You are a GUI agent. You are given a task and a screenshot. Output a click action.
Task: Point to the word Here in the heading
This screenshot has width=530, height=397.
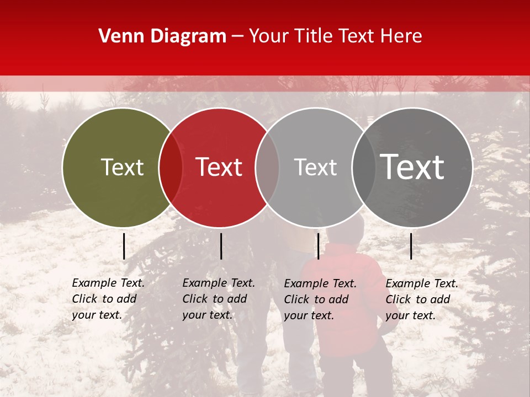click(402, 36)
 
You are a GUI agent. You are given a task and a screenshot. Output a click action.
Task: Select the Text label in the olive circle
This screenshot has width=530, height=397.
click(122, 167)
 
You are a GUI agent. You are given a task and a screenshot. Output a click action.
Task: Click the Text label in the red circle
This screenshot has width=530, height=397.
click(219, 167)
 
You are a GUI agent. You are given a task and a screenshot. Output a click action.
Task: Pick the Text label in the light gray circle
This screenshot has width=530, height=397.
click(315, 167)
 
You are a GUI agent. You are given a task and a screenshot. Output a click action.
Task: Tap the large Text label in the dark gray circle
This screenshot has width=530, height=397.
click(412, 167)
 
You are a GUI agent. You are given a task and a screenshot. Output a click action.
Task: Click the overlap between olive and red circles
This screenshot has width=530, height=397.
click(171, 168)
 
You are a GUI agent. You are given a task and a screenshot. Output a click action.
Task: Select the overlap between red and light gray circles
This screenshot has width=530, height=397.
click(267, 168)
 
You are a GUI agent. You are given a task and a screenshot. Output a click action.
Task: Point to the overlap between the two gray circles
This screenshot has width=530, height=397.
click(363, 168)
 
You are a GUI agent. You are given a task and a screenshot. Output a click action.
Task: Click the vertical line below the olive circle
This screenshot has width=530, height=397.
click(124, 246)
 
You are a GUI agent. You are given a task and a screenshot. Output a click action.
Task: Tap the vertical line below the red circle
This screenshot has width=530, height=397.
click(221, 246)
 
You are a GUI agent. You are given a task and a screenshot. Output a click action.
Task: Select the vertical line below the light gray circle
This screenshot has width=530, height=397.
click(318, 246)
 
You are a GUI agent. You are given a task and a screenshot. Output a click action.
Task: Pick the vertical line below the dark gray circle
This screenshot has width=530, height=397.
click(411, 246)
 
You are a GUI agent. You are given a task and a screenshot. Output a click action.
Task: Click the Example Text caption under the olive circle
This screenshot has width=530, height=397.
click(108, 299)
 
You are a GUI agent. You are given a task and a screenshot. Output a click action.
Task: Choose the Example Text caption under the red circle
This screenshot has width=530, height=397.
click(219, 299)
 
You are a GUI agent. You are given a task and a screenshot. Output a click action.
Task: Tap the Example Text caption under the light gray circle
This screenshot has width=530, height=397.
click(320, 299)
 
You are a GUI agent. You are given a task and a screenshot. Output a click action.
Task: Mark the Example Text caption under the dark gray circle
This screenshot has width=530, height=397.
click(422, 299)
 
